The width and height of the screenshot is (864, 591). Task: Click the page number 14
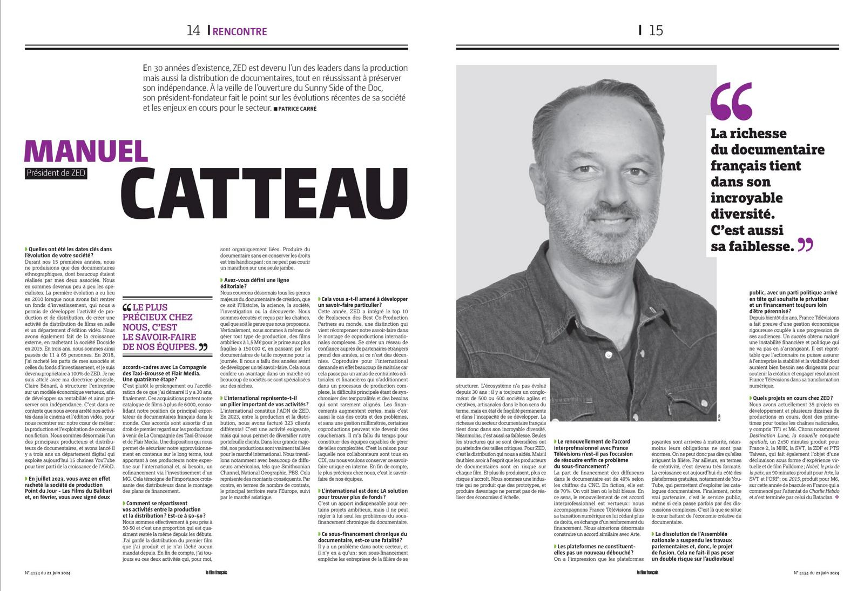(193, 31)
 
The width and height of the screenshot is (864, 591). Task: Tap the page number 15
(656, 30)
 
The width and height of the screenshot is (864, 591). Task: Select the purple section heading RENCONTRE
(240, 31)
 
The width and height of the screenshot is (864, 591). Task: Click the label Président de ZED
(56, 173)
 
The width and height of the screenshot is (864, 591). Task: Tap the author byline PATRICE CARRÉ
(297, 109)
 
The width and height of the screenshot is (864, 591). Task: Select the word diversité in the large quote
(739, 213)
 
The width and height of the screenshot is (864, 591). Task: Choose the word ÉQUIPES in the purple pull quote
(175, 347)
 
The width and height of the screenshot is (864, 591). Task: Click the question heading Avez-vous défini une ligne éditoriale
(255, 284)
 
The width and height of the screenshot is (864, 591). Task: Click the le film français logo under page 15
(647, 573)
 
